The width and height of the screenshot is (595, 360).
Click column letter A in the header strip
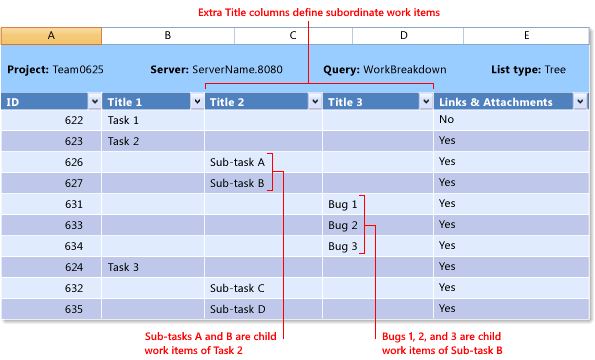[x=51, y=35]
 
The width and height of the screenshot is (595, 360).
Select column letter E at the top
[x=526, y=35]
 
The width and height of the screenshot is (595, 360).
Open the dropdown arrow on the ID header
[x=94, y=101]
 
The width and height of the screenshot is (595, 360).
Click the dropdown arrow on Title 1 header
[x=196, y=101]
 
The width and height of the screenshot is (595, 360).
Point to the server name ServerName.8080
[x=245, y=70]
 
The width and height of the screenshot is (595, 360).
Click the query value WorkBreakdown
[x=406, y=70]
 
